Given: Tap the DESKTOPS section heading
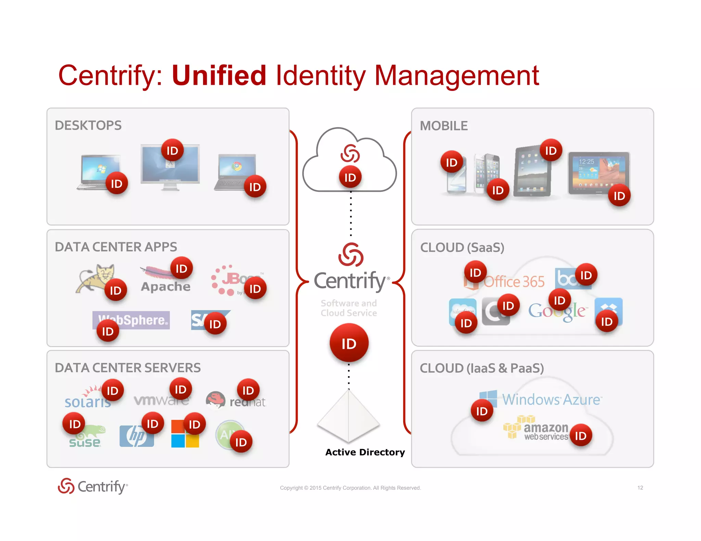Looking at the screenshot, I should [x=88, y=126].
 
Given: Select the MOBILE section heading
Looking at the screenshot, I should [x=444, y=126].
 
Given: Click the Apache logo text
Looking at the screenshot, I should [x=166, y=287].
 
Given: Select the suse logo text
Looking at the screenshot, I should [x=85, y=443].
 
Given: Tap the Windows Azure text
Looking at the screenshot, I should [x=551, y=399].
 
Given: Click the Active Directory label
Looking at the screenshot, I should [x=365, y=452].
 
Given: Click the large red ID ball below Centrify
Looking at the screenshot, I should [x=349, y=343].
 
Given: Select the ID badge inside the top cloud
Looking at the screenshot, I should [x=350, y=177].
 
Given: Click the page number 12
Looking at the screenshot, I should [x=640, y=488].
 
